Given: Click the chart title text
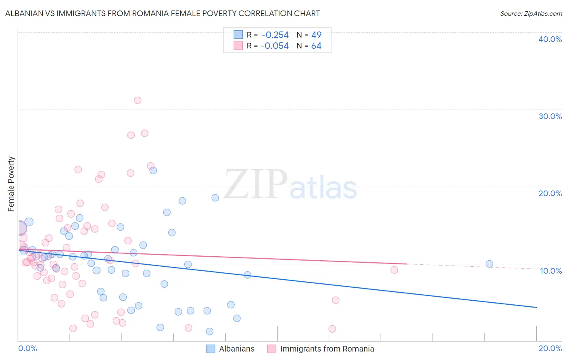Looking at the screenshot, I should [x=163, y=14].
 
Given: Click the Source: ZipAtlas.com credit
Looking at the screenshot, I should [x=531, y=14].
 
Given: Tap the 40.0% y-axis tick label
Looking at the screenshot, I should [x=550, y=39].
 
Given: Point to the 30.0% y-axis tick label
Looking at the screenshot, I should [x=550, y=116].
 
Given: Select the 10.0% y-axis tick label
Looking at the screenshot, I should [x=551, y=271].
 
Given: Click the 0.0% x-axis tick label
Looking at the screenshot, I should [x=27, y=348].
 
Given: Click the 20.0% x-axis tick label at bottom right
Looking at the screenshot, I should [x=550, y=348].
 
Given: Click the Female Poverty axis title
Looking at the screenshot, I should [x=11, y=184].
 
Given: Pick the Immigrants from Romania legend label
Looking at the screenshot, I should [x=327, y=349].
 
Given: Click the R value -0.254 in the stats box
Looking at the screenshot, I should [x=275, y=35].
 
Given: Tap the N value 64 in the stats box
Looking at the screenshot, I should [x=316, y=46].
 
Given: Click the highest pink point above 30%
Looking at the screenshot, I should [x=138, y=100].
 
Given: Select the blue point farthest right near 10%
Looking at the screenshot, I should [x=489, y=264].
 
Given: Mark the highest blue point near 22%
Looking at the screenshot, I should [x=153, y=170].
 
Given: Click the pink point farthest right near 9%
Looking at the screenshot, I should [x=394, y=270].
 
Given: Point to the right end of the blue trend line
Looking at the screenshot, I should [x=536, y=308].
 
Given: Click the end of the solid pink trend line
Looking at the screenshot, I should [x=407, y=264].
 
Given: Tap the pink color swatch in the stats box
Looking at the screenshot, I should [x=238, y=46].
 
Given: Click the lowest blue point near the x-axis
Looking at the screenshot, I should [x=210, y=331].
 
